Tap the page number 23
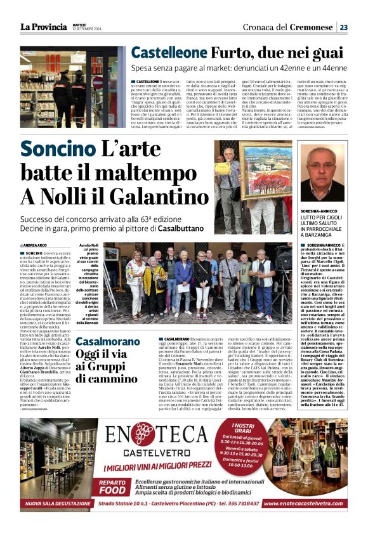pos(343,27)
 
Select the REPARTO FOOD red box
pos(113,486)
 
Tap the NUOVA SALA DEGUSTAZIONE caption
pos(56,504)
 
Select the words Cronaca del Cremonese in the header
pos(289,27)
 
